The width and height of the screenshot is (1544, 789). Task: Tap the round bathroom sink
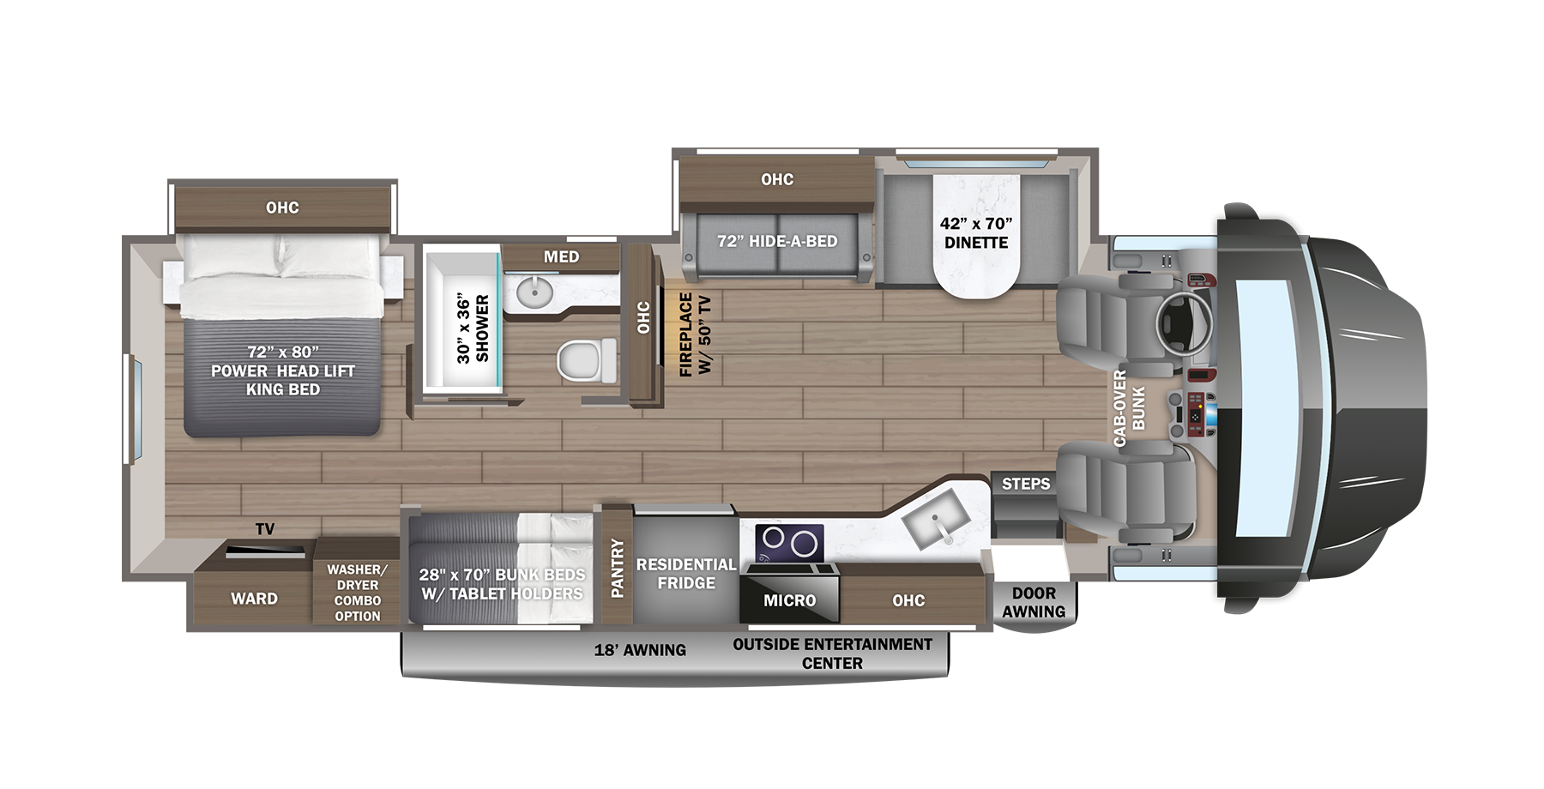(534, 292)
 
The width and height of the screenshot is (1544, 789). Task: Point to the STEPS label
(1026, 484)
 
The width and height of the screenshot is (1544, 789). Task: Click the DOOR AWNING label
(1034, 602)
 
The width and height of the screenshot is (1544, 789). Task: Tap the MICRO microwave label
(789, 600)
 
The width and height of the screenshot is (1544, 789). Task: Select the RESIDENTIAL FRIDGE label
(685, 574)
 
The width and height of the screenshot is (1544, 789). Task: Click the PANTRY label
(617, 567)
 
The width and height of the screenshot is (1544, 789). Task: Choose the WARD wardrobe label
(254, 599)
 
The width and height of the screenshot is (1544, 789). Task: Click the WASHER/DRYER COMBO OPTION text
(357, 593)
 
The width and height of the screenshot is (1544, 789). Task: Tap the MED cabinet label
(561, 256)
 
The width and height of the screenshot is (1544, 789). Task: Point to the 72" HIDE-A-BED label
(777, 242)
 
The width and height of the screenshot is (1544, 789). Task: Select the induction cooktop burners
(789, 542)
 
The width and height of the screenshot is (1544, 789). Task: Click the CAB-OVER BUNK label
(1129, 408)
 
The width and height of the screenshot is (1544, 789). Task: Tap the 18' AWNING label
(640, 650)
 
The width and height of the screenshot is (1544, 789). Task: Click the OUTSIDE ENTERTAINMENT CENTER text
(832, 653)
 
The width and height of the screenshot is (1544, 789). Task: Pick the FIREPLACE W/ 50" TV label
(695, 334)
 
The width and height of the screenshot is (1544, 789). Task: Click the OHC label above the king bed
(282, 208)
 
